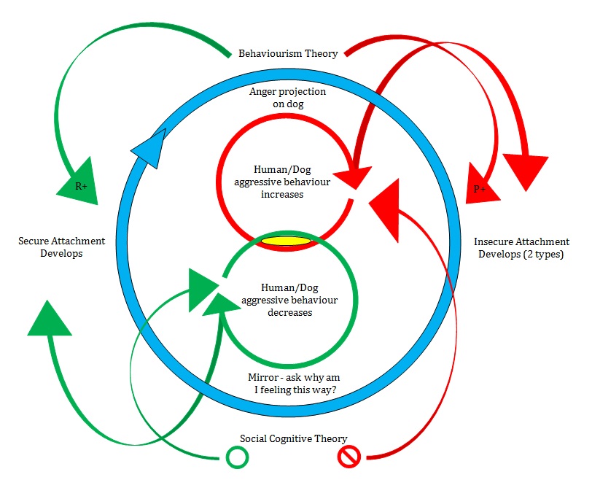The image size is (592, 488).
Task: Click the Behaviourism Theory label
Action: click(x=288, y=53)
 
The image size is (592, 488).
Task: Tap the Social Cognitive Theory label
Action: click(x=293, y=438)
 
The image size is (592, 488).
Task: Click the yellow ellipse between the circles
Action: click(x=286, y=241)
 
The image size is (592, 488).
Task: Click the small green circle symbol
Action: click(x=237, y=457)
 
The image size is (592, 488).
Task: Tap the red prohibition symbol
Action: click(x=348, y=457)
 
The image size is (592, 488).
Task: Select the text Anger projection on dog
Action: click(x=287, y=98)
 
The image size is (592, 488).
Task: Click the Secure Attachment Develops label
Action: click(x=61, y=247)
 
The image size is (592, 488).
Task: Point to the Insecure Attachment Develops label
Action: click(x=521, y=247)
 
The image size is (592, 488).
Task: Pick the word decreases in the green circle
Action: click(x=289, y=313)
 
